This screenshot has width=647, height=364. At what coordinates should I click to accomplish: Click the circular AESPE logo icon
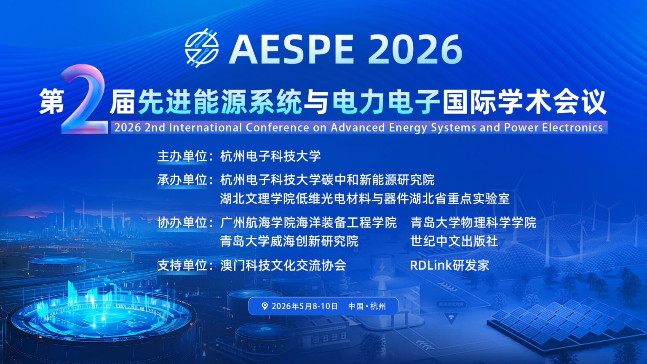[202, 48]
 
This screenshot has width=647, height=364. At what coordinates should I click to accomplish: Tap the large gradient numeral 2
[84, 99]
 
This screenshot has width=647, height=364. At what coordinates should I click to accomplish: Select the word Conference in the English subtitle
[277, 128]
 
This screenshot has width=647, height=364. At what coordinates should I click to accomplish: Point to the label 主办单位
[182, 156]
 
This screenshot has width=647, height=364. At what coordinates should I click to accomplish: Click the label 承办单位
[182, 180]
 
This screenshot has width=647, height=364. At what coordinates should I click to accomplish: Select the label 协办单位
[182, 223]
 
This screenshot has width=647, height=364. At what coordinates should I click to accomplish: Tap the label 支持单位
[182, 265]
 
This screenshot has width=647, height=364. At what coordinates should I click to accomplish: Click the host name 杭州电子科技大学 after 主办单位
[270, 156]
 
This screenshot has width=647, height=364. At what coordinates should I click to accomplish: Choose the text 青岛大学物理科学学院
[473, 223]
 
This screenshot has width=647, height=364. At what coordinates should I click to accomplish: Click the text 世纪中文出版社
[454, 241]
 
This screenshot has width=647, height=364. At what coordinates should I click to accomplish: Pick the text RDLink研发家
[449, 265]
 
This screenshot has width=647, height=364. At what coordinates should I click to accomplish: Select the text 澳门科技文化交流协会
[283, 265]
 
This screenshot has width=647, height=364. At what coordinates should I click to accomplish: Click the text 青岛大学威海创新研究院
[289, 241]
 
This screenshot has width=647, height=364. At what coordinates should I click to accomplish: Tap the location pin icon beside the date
[265, 306]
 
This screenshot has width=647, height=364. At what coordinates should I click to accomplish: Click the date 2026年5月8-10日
[305, 306]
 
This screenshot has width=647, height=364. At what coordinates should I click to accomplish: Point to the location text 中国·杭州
[367, 306]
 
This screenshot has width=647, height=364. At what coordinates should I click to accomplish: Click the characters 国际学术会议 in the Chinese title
[524, 102]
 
